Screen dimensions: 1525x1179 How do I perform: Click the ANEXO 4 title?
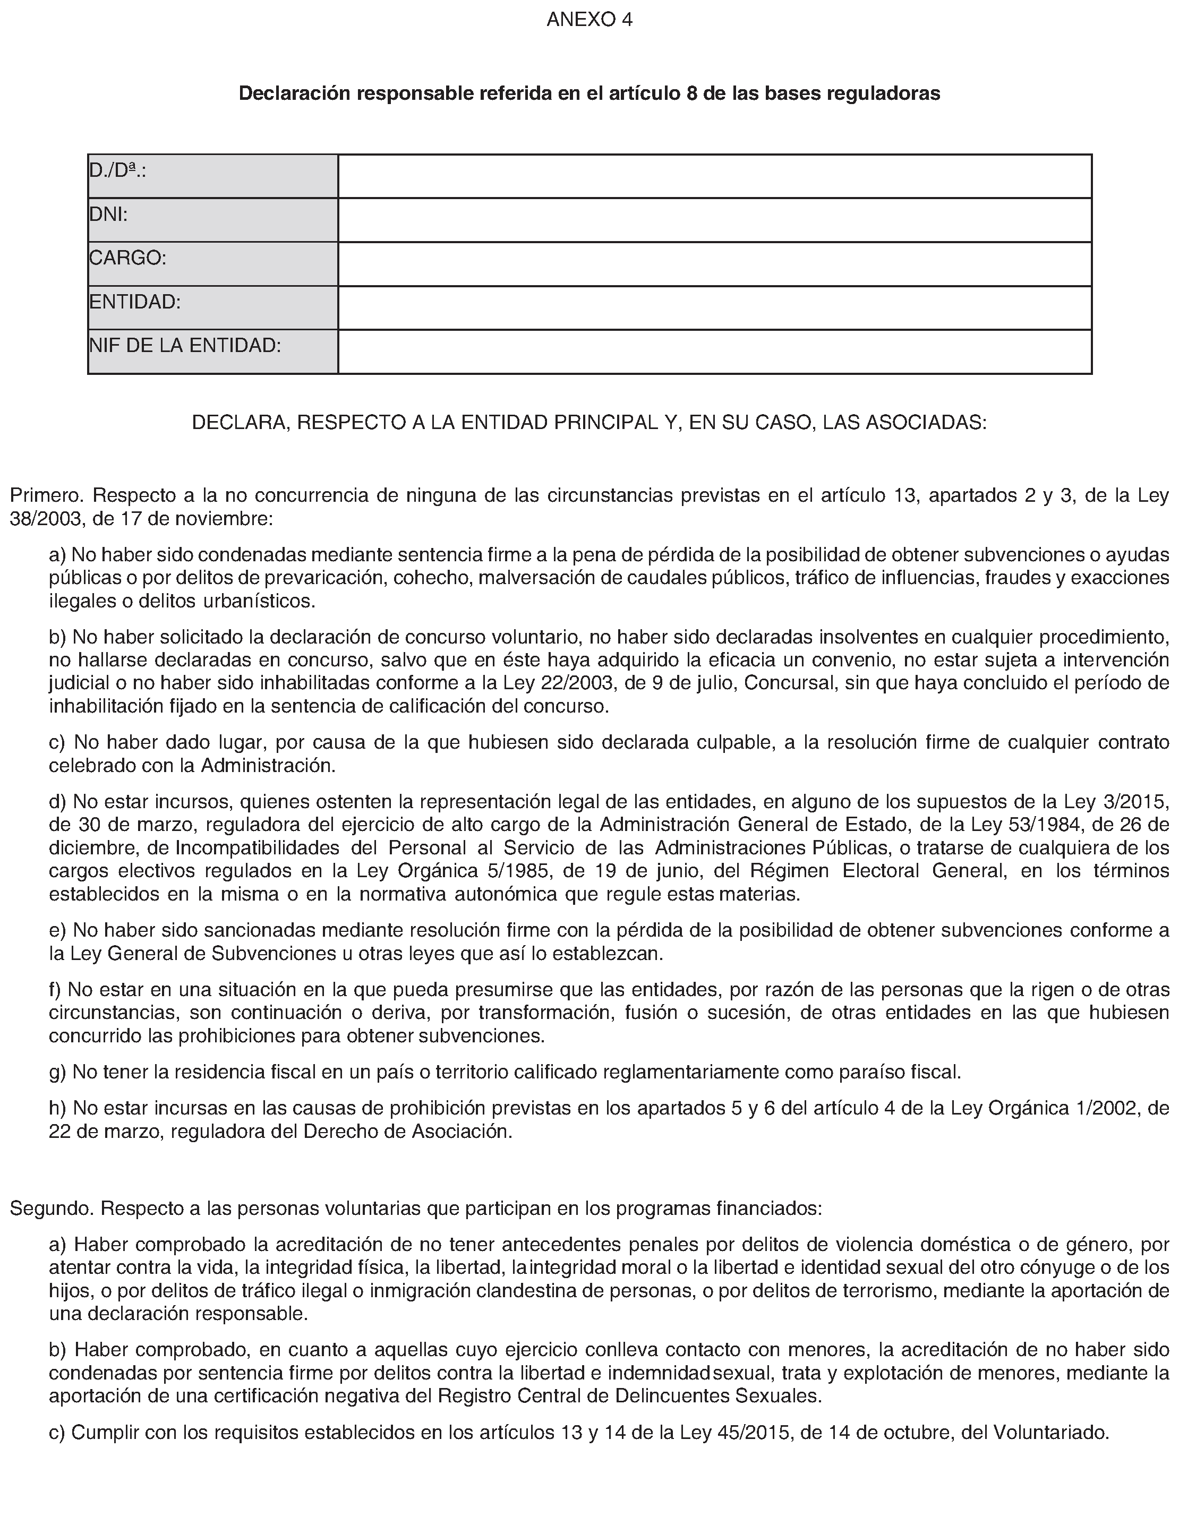tap(589, 20)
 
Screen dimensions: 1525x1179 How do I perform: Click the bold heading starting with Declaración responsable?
tap(589, 93)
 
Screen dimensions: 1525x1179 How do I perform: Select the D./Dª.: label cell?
tap(212, 176)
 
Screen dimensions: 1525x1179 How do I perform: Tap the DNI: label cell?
tap(212, 220)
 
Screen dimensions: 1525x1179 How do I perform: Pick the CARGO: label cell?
tap(212, 264)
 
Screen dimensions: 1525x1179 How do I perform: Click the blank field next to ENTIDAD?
tap(714, 308)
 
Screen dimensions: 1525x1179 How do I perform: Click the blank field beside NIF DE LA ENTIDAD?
tap(714, 352)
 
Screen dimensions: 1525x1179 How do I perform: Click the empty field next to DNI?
tap(714, 220)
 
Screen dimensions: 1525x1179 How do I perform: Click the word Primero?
tap(46, 496)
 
